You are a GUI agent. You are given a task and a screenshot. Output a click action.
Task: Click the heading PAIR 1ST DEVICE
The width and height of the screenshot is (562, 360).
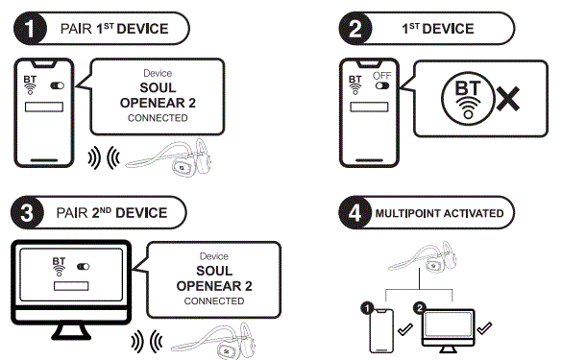pos(115,28)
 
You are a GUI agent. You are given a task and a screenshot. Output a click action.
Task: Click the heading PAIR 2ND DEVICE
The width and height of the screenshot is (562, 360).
pos(116,212)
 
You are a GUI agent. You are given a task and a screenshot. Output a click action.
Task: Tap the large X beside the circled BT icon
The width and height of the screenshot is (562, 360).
pos(509,98)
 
